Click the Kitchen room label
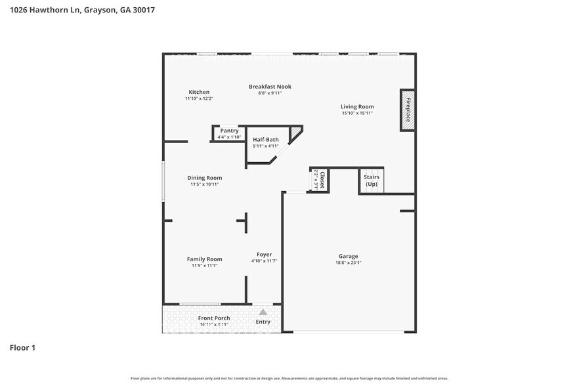[199, 92]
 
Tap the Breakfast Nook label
[269, 87]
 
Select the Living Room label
[357, 106]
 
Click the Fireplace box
[407, 110]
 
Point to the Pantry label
[229, 131]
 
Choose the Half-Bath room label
[266, 139]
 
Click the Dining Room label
[205, 178]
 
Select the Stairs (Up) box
[372, 181]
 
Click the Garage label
[349, 256]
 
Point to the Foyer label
[264, 255]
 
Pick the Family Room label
[205, 259]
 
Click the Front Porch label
[214, 318]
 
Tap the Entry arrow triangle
[263, 312]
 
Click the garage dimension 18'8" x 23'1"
[349, 263]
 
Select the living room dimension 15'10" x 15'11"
[357, 113]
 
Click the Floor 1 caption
[22, 347]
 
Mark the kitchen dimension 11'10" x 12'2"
[199, 98]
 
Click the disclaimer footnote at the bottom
[289, 379]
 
